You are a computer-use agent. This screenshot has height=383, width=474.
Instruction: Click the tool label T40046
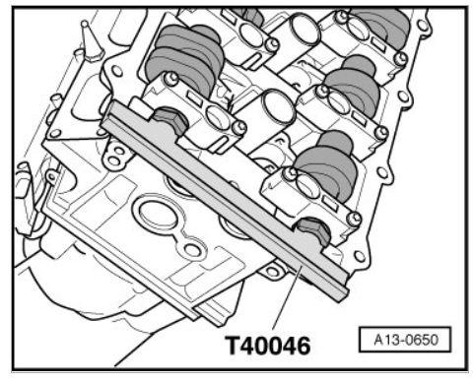click(x=268, y=345)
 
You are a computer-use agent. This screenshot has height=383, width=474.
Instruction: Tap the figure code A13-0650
click(x=406, y=340)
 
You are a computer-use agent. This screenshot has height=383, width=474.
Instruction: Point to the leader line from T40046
click(x=287, y=297)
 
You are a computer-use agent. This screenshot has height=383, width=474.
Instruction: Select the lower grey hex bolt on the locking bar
click(x=313, y=231)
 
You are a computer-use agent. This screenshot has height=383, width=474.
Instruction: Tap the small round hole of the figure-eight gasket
click(x=190, y=250)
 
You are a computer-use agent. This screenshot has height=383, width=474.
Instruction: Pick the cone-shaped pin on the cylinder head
click(x=91, y=41)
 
